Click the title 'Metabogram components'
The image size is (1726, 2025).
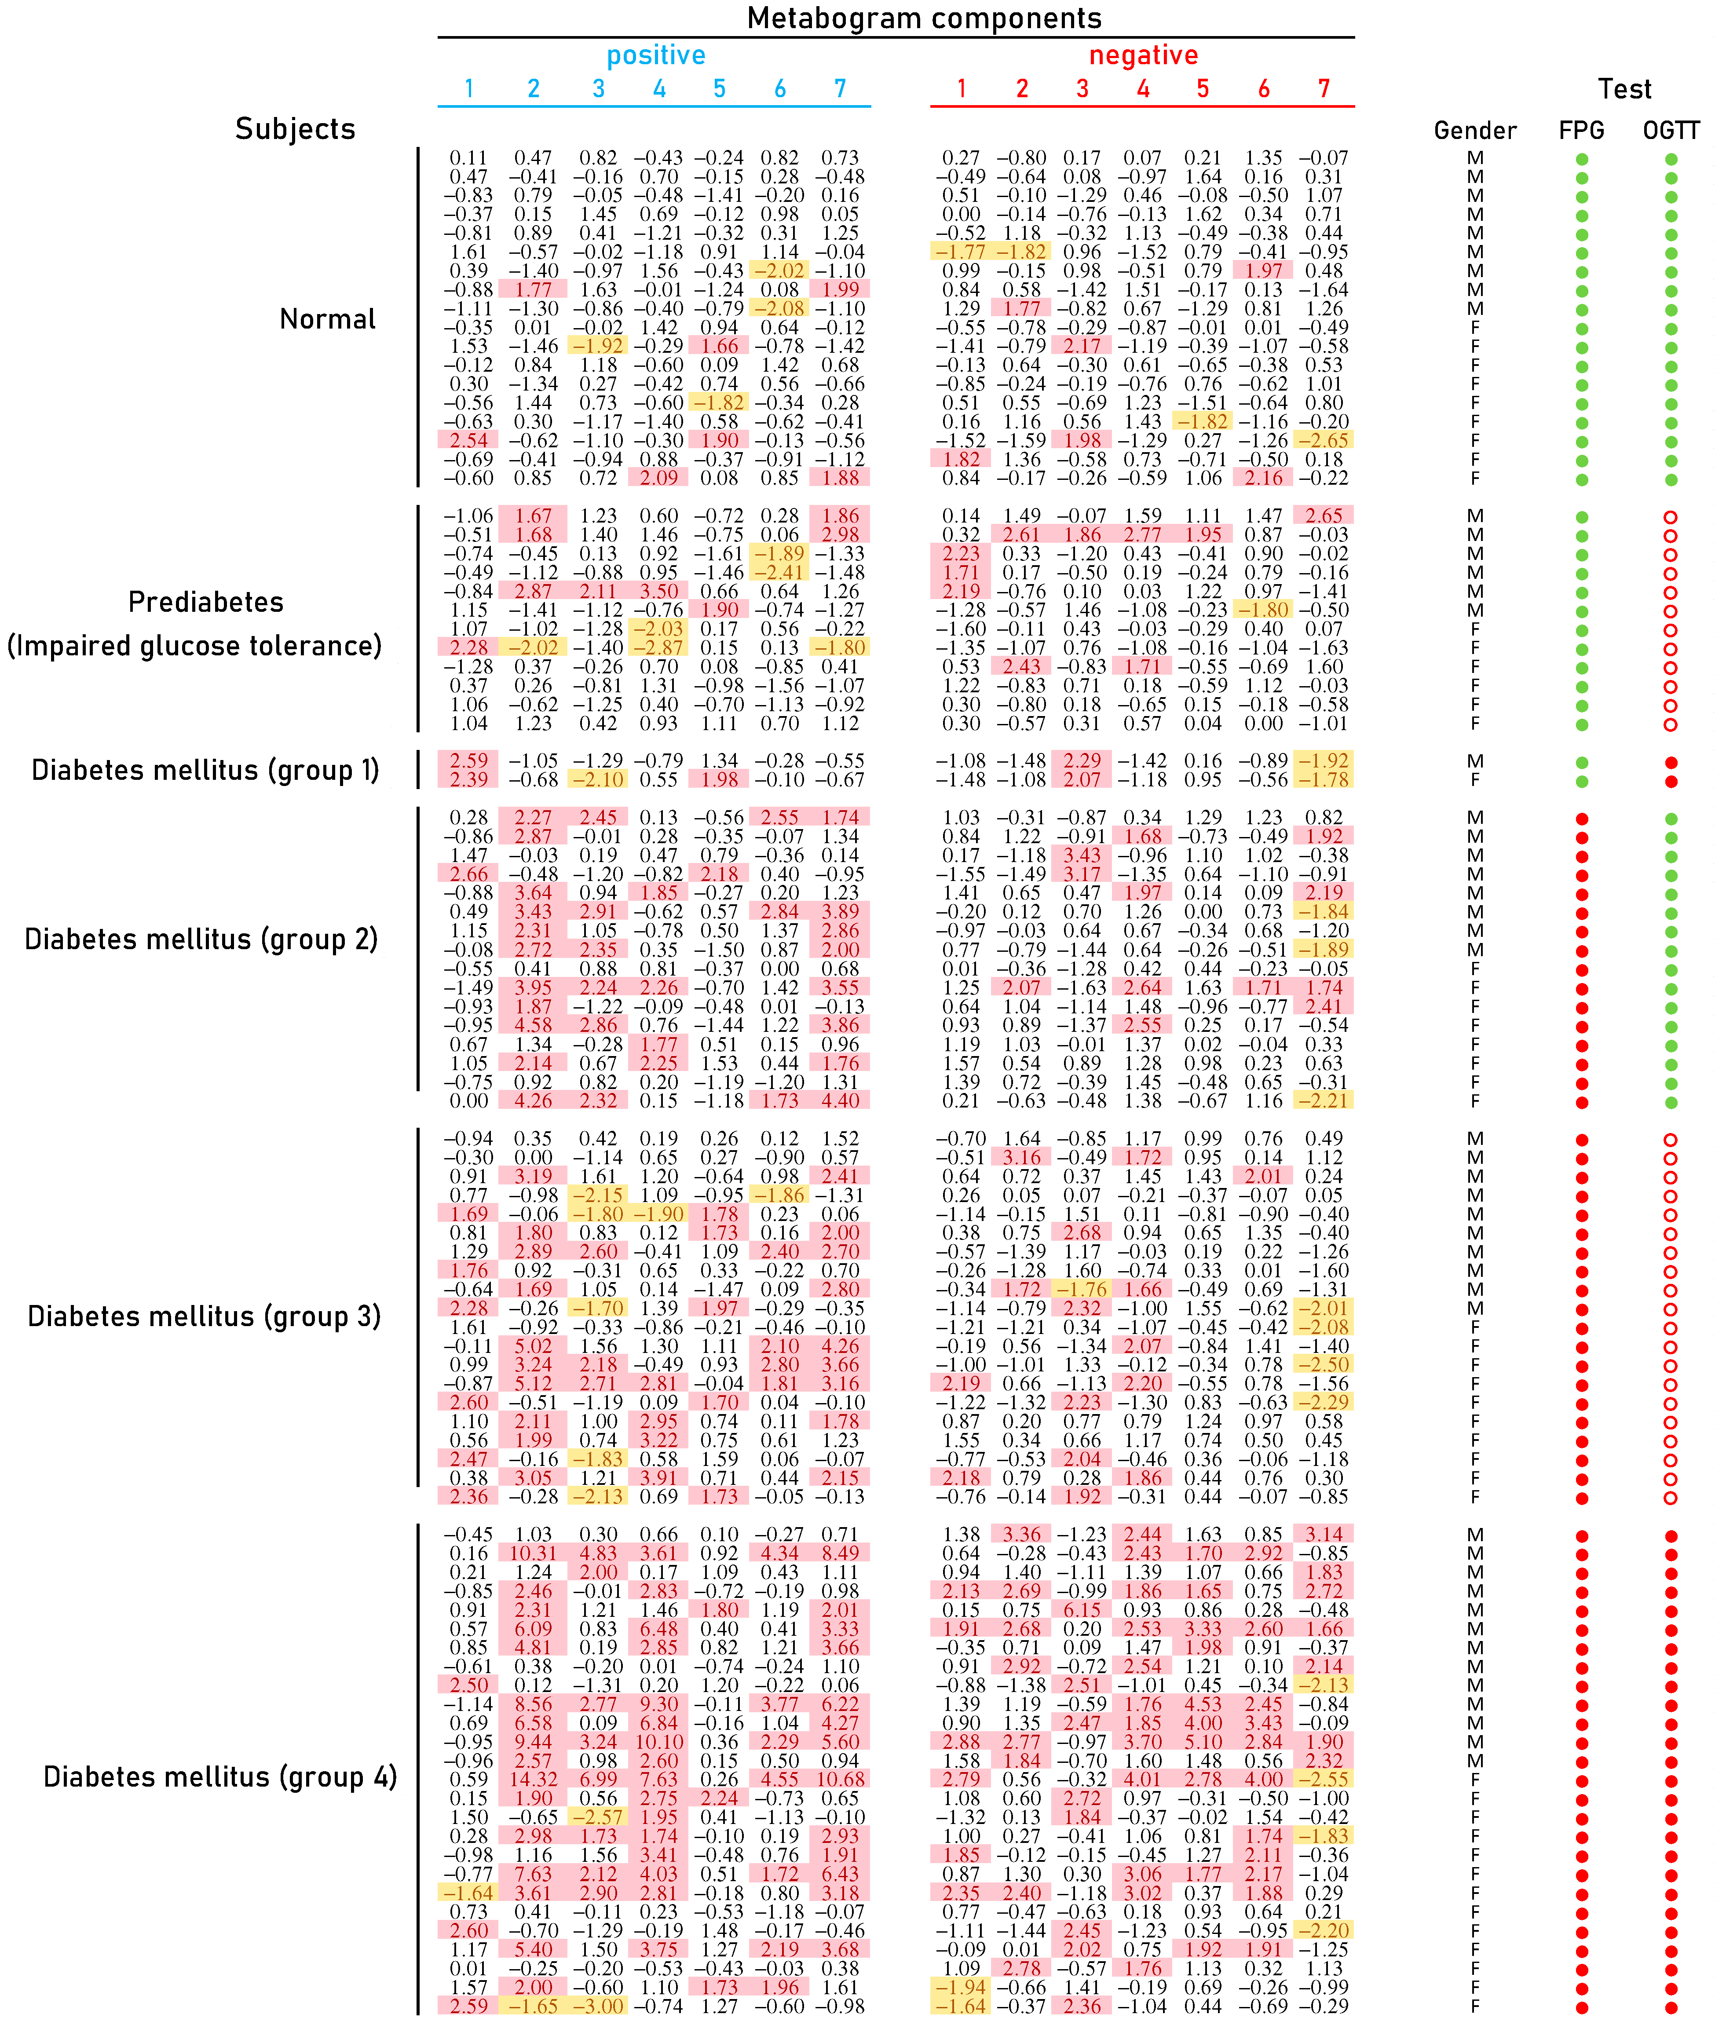(924, 18)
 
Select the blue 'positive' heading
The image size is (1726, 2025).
(656, 56)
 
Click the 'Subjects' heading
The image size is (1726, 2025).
(295, 129)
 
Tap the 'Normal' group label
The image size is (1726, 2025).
(327, 320)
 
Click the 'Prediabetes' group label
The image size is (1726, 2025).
(206, 602)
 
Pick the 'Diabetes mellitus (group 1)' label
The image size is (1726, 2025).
(205, 770)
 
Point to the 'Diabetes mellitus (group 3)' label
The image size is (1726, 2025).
(204, 1316)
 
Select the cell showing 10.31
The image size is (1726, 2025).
(533, 1553)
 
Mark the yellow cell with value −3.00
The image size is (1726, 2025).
(598, 2006)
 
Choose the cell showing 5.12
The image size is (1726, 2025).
(533, 1383)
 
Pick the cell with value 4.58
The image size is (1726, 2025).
(533, 1025)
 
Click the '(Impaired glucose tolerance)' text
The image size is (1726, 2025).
(194, 646)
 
